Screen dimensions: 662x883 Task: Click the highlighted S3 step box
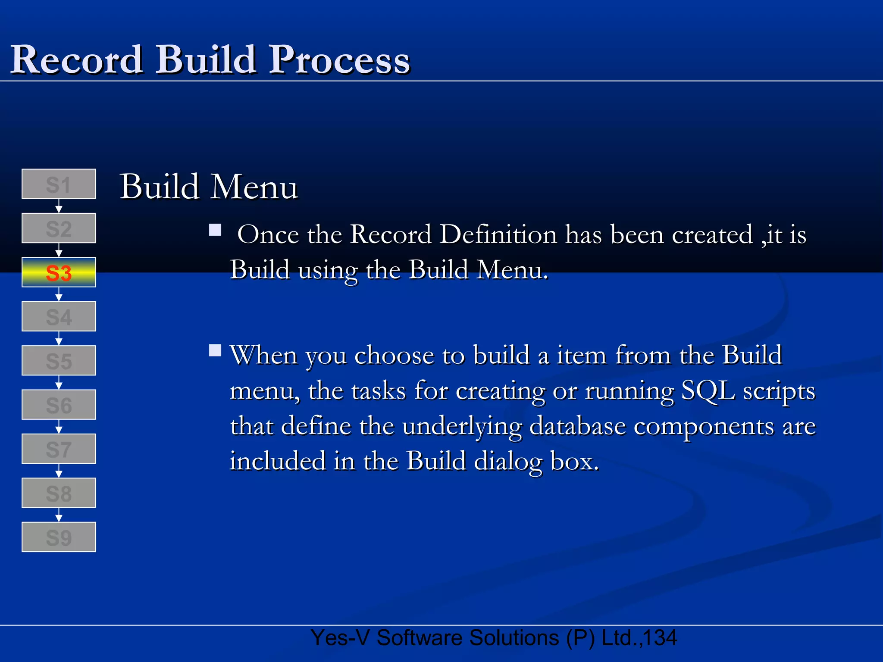coord(59,272)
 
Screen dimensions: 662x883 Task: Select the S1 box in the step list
coord(59,184)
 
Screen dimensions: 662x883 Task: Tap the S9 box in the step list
coord(59,537)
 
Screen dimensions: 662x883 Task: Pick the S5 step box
coord(59,361)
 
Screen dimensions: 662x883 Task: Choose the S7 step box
coord(59,449)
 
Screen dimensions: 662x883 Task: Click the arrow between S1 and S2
coord(59,206)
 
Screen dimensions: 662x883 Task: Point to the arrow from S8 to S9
coord(59,515)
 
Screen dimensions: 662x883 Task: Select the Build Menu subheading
coord(209,187)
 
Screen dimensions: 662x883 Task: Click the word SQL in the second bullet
coord(708,390)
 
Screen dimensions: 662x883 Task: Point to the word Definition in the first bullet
coord(498,234)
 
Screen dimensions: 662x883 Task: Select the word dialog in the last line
coord(508,461)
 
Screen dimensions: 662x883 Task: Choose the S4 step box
coord(59,316)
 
